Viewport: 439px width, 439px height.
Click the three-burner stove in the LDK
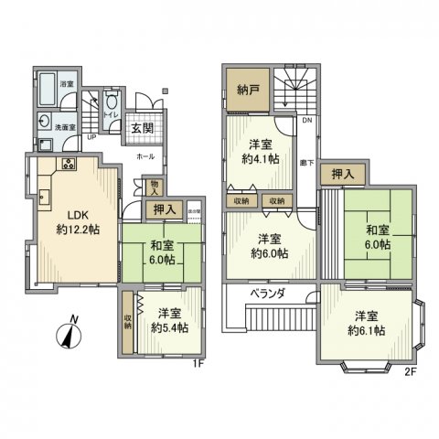tap(69, 164)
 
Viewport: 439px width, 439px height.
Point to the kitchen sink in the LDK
tap(43, 195)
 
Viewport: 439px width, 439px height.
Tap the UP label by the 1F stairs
tap(90, 138)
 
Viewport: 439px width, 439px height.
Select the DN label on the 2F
tap(307, 121)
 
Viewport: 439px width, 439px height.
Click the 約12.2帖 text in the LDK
tap(72, 230)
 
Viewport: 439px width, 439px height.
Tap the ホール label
tap(145, 156)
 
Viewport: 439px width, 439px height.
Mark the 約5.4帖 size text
tap(170, 327)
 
